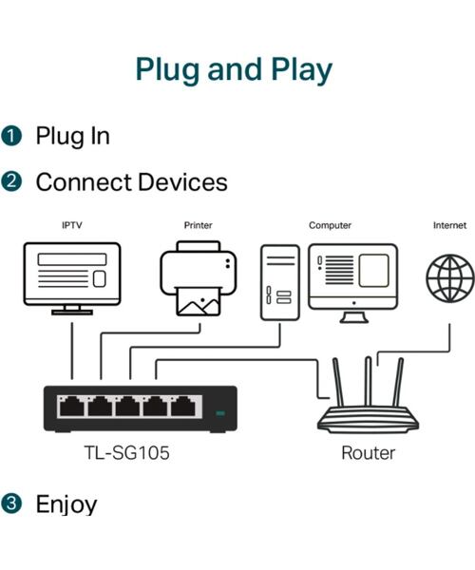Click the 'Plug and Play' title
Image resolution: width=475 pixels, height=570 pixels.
pos(234,69)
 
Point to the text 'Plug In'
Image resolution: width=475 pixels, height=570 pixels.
pos(72,136)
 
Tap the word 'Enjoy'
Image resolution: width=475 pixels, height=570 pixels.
pos(66,503)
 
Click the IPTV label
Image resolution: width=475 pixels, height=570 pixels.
pos(71,225)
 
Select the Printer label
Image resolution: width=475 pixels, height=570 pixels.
pos(198,225)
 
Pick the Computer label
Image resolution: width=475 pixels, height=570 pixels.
pos(330,225)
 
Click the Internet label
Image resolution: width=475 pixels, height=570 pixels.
pos(449,225)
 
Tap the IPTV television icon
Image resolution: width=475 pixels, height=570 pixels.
pos(71,276)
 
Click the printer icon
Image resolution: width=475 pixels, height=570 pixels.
pos(198,279)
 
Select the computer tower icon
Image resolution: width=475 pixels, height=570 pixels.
pos(280,281)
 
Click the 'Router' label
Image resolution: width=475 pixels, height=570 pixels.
pos(368,453)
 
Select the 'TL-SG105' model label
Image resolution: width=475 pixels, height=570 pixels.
pos(125,453)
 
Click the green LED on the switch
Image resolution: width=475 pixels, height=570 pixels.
pos(220,413)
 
